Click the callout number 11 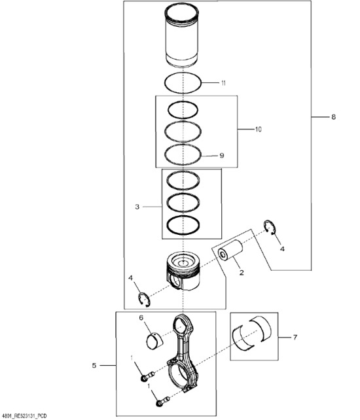pyautogui.click(x=223, y=83)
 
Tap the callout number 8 pyautogui.click(x=333, y=117)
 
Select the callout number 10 pyautogui.click(x=258, y=130)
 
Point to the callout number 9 pyautogui.click(x=221, y=155)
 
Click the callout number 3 pyautogui.click(x=137, y=207)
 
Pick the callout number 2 pyautogui.click(x=242, y=273)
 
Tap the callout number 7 pyautogui.click(x=295, y=337)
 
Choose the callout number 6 pyautogui.click(x=141, y=318)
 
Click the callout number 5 pyautogui.click(x=94, y=365)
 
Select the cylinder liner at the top pyautogui.click(x=182, y=36)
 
